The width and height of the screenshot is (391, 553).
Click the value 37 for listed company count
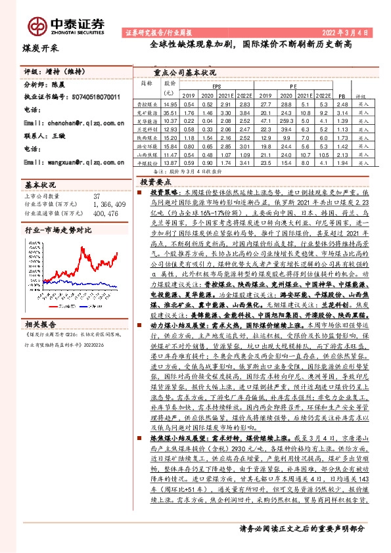click(97, 196)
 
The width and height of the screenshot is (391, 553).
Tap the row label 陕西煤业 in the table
click(146, 138)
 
